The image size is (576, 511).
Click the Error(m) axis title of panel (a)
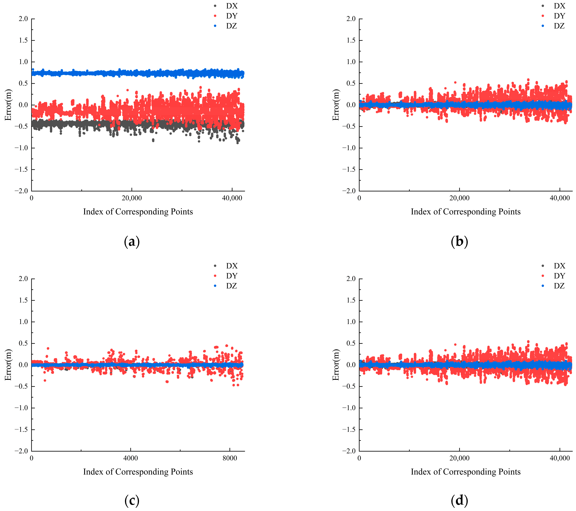[8, 105]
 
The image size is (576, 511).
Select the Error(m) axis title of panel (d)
[336, 365]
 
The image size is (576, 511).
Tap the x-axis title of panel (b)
[466, 212]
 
